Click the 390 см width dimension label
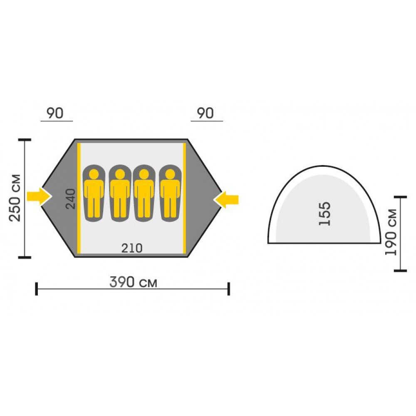pos(133,282)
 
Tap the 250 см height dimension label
pos(15,198)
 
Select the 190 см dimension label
pos(391,233)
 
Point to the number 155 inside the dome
pos(325,214)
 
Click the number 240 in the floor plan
pos(71,199)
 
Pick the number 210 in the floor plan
pos(132,248)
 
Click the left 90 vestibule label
pos(55,113)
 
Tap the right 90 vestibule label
pos(206,113)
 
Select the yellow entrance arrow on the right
pos(226,200)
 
